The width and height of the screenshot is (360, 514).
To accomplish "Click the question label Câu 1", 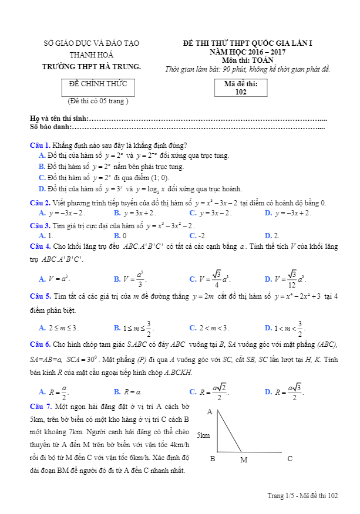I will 40,145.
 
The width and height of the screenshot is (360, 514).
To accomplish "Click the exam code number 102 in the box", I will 241,92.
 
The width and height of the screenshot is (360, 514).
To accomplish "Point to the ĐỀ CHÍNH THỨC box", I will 94,84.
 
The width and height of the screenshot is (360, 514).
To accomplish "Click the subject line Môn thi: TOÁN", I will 247,60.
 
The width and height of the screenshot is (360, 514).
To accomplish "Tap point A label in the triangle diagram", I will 209,412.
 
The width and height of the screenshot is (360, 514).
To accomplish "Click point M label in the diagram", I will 244,459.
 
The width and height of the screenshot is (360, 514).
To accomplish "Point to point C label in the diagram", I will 290,459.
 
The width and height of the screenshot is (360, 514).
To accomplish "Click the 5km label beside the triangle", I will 203,435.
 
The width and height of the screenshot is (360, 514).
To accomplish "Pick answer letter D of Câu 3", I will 268,235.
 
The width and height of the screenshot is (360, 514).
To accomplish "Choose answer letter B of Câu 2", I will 117,212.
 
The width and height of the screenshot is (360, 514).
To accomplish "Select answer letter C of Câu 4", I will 193,279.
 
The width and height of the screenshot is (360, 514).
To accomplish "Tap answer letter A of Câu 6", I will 42,391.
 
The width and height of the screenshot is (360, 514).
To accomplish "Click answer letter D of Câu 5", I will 268,328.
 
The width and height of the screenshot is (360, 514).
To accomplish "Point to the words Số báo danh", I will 50,127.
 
